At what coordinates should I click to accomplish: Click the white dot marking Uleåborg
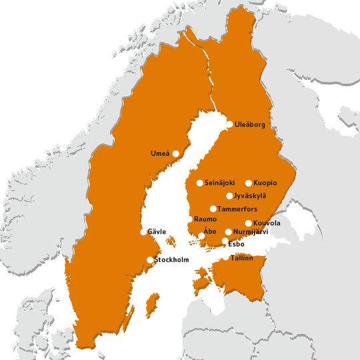[230, 124]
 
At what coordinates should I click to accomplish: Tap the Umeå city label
[160, 154]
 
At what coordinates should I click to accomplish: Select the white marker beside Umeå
[176, 153]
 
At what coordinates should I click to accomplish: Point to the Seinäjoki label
[220, 183]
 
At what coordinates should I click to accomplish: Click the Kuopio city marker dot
[249, 183]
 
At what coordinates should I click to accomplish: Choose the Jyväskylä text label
[250, 195]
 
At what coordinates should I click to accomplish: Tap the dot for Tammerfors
[213, 209]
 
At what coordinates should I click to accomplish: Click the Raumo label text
[206, 219]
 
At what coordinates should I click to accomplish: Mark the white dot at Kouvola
[249, 223]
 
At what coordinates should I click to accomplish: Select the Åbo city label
[210, 231]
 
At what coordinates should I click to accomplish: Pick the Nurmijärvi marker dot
[229, 232]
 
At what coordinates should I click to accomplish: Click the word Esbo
[236, 244]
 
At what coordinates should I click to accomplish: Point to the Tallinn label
[241, 257]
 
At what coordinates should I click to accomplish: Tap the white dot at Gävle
[143, 232]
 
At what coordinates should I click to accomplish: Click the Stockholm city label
[172, 259]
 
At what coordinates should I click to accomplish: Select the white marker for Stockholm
[150, 260]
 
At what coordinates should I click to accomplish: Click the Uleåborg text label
[250, 125]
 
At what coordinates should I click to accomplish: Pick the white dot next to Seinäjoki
[200, 183]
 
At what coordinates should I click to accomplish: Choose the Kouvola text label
[267, 223]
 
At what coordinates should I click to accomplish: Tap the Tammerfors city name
[238, 209]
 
